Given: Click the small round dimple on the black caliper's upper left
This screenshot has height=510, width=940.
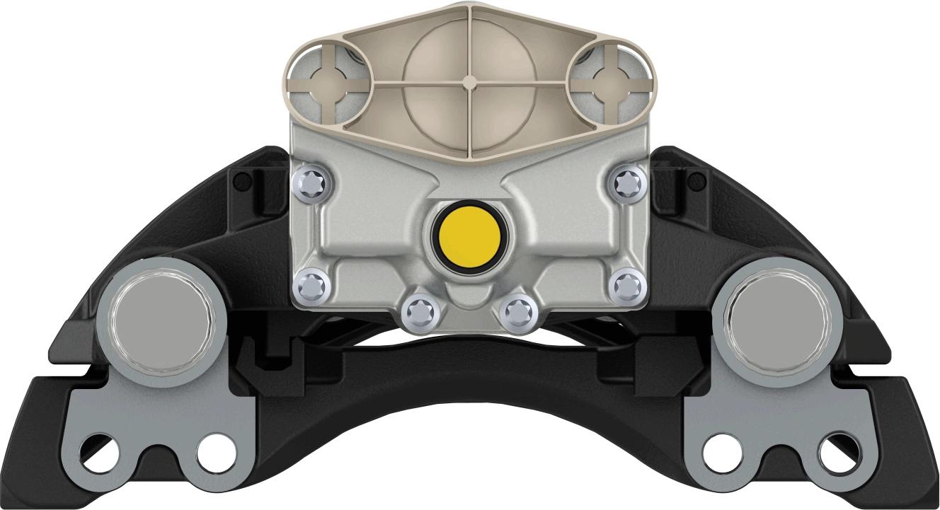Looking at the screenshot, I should click(242, 182).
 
